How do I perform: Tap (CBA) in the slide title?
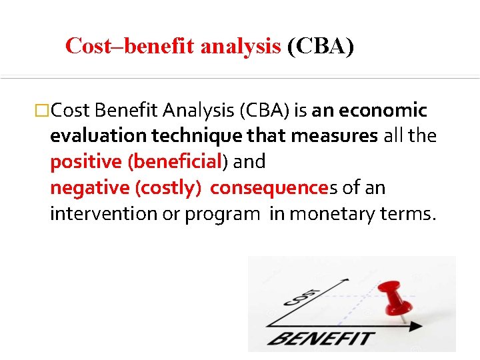pyautogui.click(x=320, y=46)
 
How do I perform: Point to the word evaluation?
pyautogui.click(x=99, y=135)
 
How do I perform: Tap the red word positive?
pyautogui.click(x=86, y=161)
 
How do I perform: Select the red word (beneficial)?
pyautogui.click(x=177, y=161)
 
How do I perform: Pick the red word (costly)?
pyautogui.click(x=168, y=187)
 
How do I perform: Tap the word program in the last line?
pyautogui.click(x=226, y=213)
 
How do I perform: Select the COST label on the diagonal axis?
pyautogui.click(x=301, y=297)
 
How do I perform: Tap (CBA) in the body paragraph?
pyautogui.click(x=261, y=109)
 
